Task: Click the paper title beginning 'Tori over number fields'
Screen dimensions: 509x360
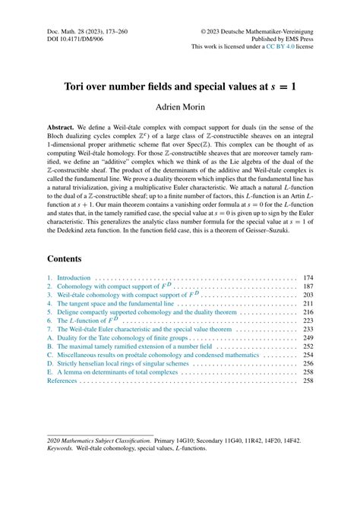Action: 180,86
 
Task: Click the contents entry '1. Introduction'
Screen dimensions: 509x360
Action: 68,278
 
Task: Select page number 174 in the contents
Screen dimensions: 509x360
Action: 308,278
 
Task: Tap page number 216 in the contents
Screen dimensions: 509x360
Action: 308,311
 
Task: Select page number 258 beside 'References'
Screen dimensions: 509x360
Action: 308,381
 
